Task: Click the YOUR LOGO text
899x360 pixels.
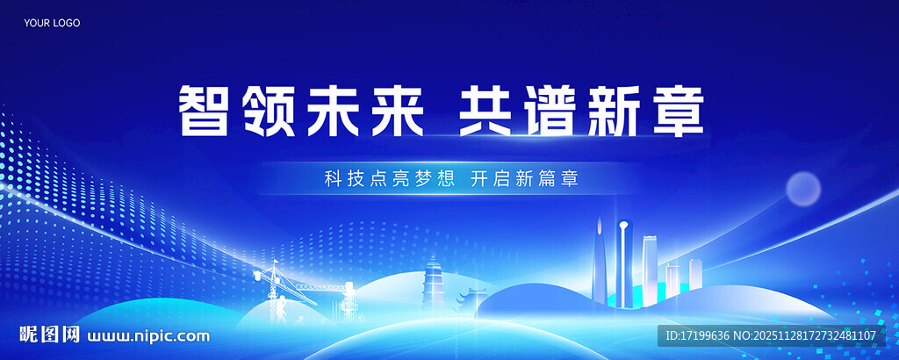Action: tap(52, 23)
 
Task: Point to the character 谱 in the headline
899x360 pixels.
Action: tap(553, 111)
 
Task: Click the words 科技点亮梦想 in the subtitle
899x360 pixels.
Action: tap(389, 179)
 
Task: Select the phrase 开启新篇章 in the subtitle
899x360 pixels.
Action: tap(524, 179)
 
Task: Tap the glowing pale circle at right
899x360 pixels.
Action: tap(802, 188)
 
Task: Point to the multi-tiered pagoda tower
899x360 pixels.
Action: tap(434, 281)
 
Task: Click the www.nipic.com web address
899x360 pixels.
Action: tap(149, 335)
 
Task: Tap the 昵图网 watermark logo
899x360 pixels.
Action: tap(50, 335)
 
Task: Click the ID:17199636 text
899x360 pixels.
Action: tap(699, 335)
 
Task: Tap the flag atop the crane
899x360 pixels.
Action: tap(274, 263)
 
